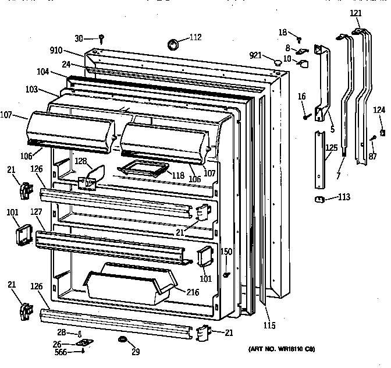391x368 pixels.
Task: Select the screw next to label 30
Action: (x=101, y=38)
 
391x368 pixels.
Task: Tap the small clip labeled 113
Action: (x=319, y=199)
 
